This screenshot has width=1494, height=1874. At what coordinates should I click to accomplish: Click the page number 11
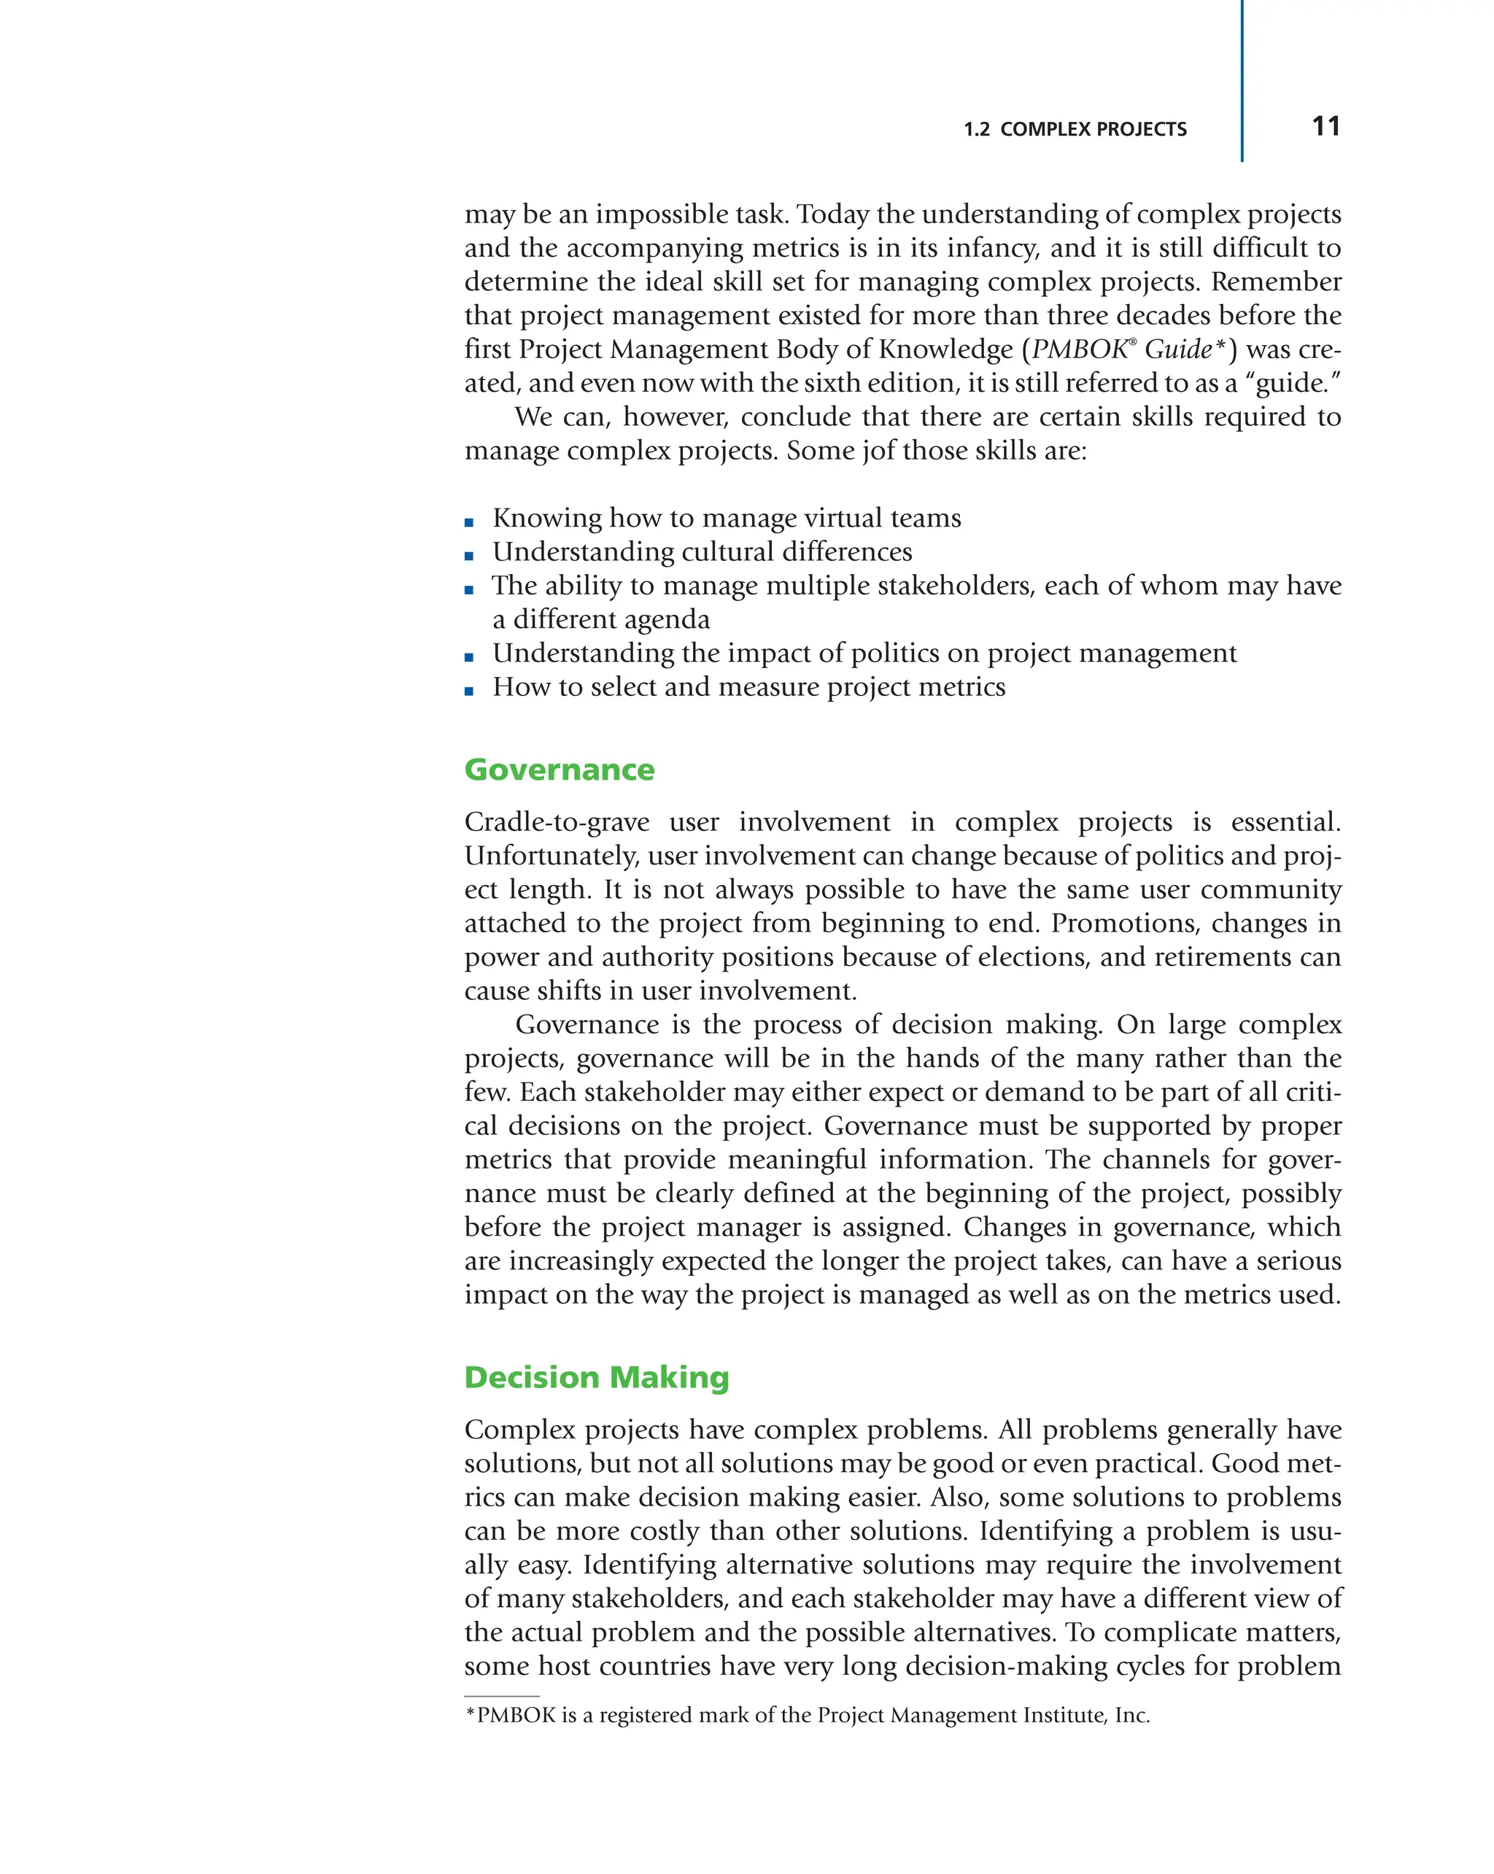[x=1325, y=127]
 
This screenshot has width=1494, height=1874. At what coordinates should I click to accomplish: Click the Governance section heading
[x=559, y=770]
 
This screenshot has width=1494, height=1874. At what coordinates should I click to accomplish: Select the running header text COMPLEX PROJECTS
[x=1093, y=130]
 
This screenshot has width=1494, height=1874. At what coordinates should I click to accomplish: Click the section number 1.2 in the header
[x=976, y=130]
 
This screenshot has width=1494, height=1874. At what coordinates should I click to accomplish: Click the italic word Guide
[x=1177, y=349]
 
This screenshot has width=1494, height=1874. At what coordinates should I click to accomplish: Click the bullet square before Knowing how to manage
[x=469, y=522]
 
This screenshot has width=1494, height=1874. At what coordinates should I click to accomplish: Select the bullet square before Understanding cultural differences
[x=469, y=557]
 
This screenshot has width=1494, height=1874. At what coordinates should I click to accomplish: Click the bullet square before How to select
[x=469, y=691]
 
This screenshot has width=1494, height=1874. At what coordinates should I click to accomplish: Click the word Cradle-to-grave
[x=556, y=822]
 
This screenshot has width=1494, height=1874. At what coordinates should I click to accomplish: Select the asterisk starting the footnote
[x=471, y=1714]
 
